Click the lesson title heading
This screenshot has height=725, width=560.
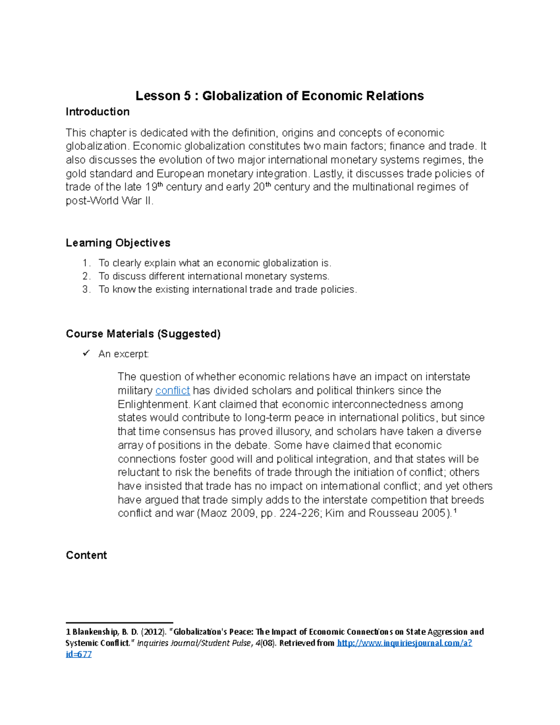(x=280, y=96)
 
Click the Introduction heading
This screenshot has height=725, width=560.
(x=98, y=112)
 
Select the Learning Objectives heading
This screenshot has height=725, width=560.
(x=118, y=243)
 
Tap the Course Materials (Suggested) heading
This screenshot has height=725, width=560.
(x=143, y=334)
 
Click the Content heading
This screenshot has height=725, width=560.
(x=86, y=555)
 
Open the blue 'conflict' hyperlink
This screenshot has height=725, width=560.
(x=172, y=391)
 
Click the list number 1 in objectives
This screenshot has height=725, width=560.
(x=85, y=263)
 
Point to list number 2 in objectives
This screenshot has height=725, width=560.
(x=85, y=276)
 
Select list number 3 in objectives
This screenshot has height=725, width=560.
(x=85, y=289)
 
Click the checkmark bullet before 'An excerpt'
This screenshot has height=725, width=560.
(x=86, y=353)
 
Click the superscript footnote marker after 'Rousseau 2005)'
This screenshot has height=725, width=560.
(x=455, y=511)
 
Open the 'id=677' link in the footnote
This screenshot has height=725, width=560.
(x=78, y=654)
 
